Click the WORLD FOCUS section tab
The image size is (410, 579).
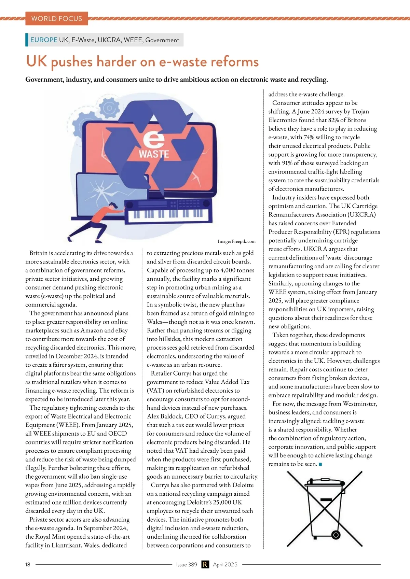[x=57, y=18]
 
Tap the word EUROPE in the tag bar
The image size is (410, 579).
[x=44, y=40]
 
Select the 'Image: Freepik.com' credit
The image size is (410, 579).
[x=236, y=241]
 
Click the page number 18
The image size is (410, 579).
[x=28, y=564]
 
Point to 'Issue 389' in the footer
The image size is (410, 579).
[x=187, y=564]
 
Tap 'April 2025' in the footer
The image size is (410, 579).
[x=225, y=564]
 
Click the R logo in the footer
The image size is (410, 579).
[x=205, y=564]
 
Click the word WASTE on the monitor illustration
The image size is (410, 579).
[x=154, y=154]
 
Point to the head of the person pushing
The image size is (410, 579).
[x=114, y=206]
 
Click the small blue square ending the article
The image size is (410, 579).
[x=320, y=464]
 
